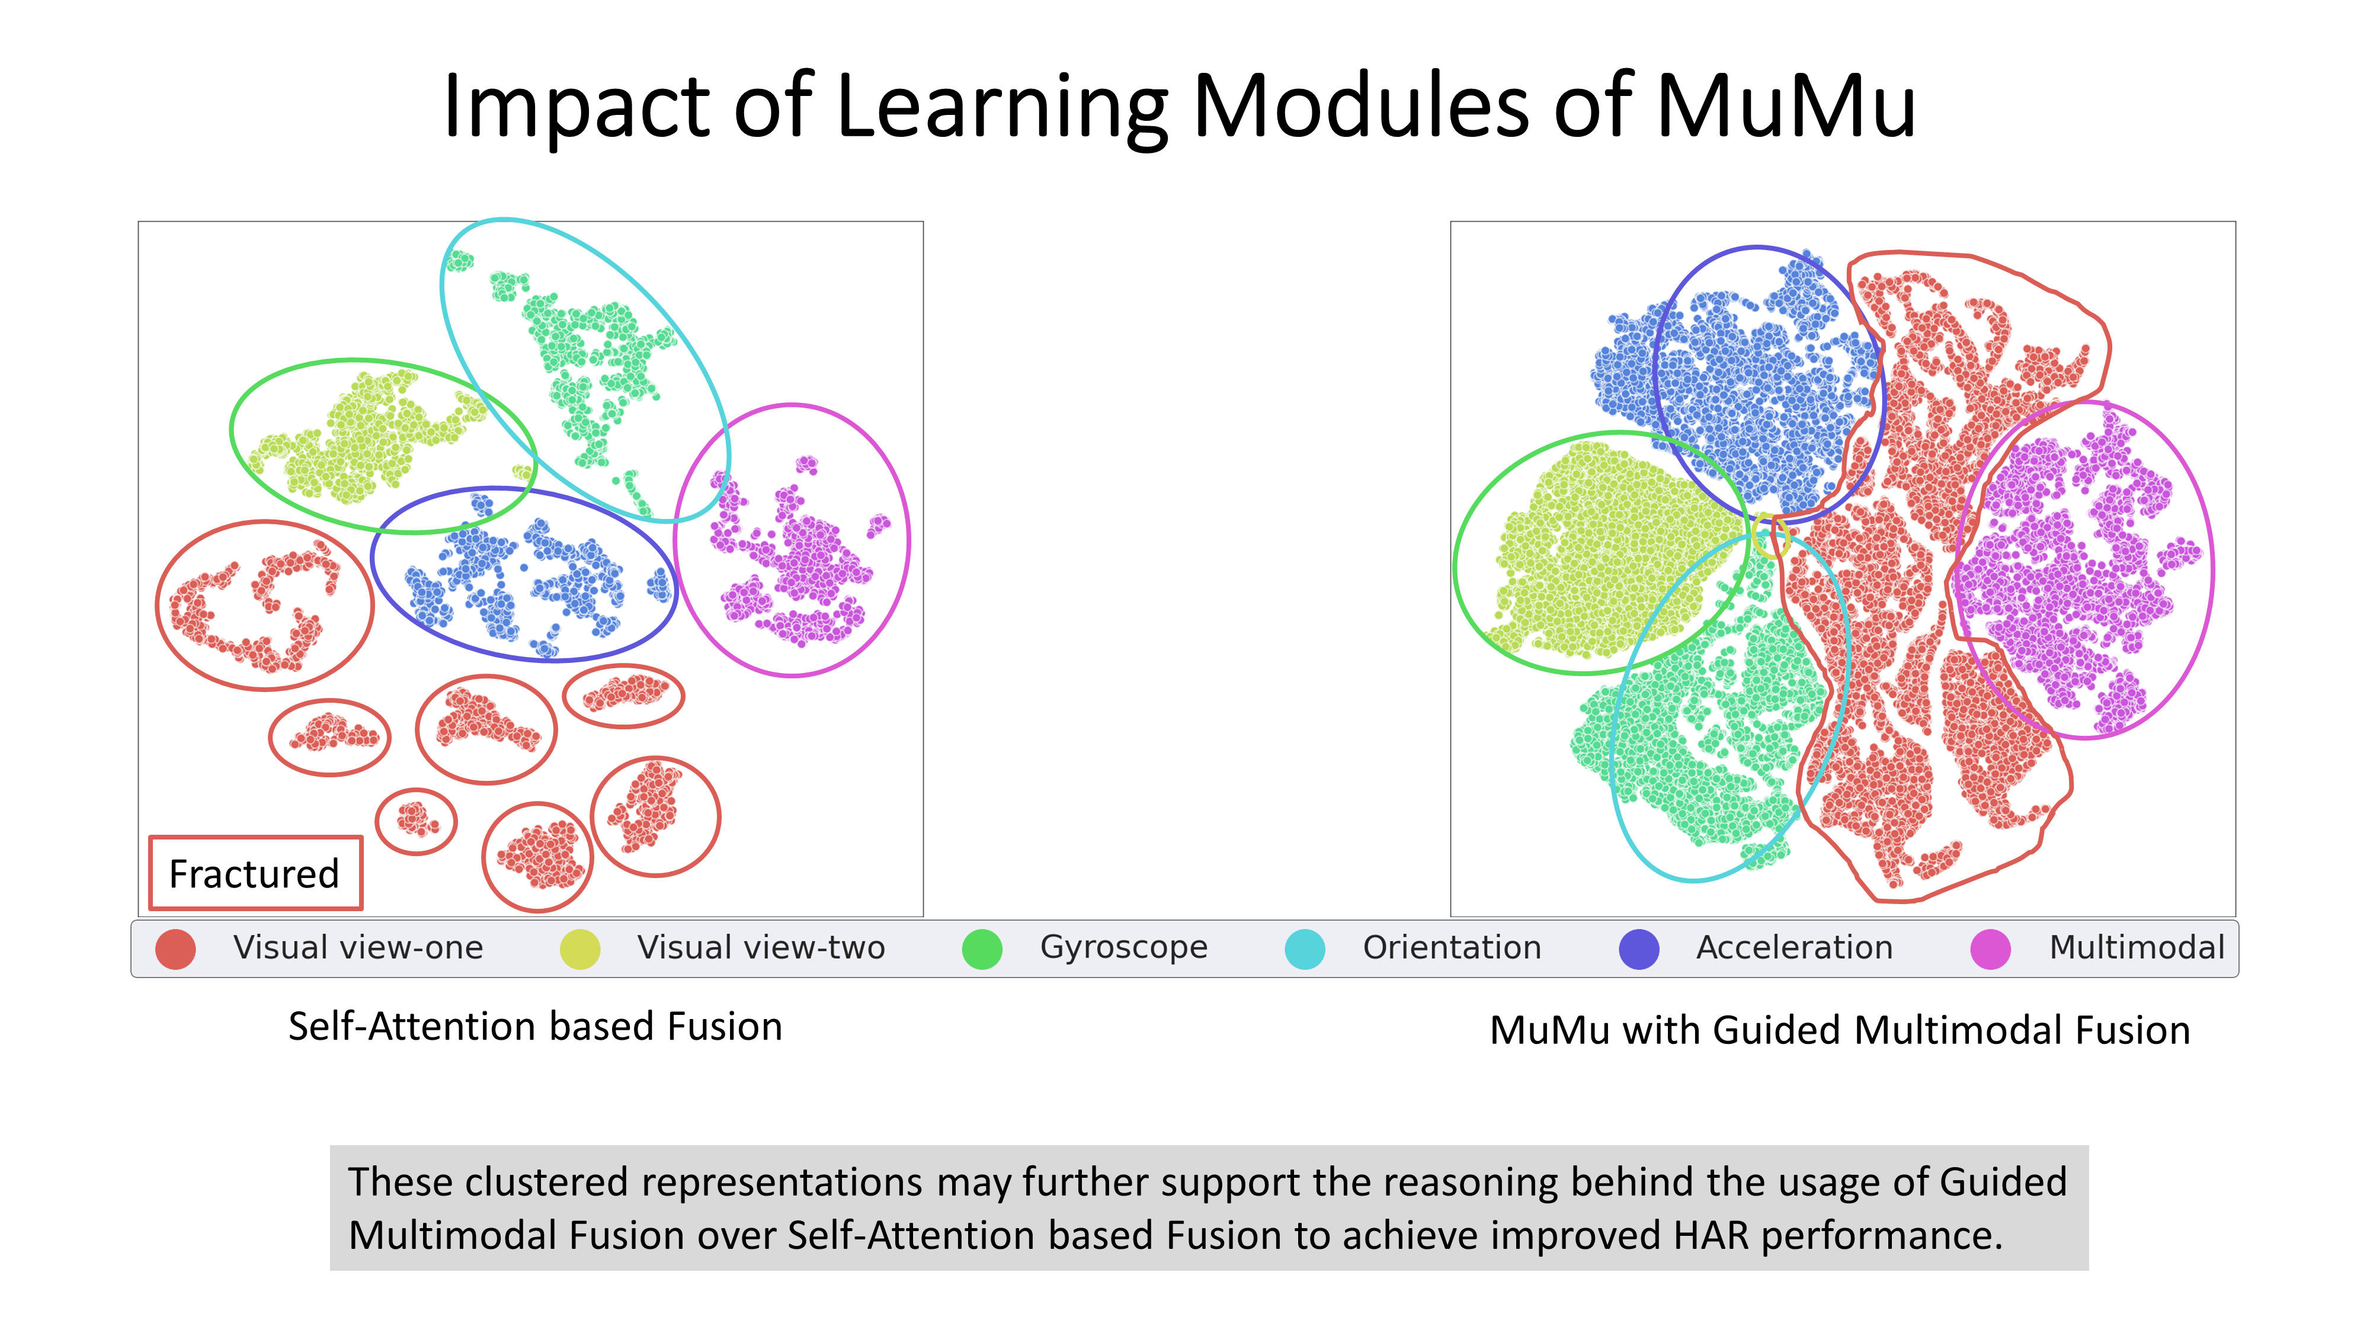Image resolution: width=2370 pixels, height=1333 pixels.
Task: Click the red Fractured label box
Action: pos(255,873)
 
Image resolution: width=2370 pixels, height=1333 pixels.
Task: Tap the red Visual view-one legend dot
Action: pos(176,949)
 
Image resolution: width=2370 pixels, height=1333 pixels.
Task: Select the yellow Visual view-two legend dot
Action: pos(579,949)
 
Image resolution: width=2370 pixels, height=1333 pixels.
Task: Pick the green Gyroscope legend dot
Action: pos(982,949)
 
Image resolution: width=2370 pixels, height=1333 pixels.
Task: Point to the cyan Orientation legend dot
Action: pos(1305,949)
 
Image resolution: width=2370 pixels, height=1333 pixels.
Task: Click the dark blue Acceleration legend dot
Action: pos(1639,949)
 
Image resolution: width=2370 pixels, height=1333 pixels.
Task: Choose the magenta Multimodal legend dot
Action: pos(1990,949)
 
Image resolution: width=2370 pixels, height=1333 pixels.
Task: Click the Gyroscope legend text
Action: pos(1123,947)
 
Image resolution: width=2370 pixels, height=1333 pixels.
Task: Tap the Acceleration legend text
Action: pos(1794,947)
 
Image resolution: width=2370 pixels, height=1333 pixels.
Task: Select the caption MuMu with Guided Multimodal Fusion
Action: pos(1839,1030)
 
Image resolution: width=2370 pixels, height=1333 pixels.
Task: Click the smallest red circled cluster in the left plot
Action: pos(416,821)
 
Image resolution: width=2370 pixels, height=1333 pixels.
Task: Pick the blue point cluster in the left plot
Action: pos(524,575)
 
